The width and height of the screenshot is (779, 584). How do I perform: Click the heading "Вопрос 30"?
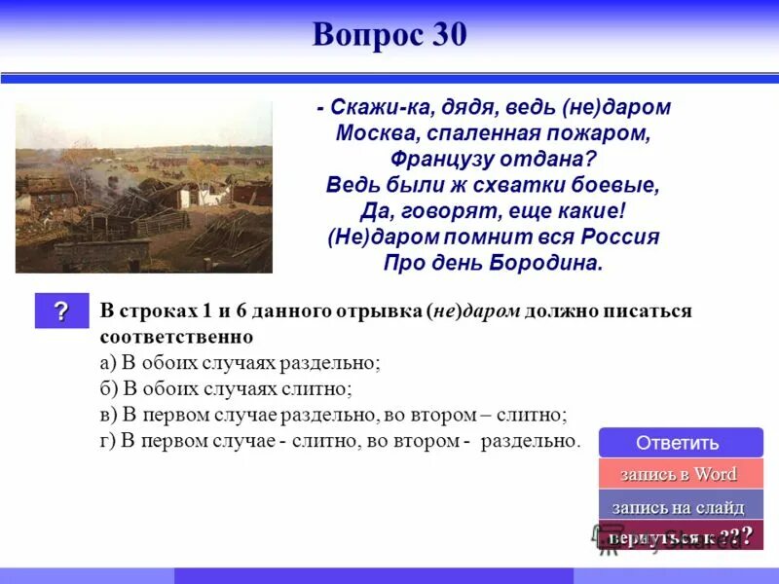(389, 34)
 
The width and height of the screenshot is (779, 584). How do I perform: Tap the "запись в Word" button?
(680, 475)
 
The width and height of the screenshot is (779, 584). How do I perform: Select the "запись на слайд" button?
(680, 507)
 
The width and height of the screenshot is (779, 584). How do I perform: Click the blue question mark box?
(61, 311)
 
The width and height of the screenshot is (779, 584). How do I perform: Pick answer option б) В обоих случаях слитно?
(226, 388)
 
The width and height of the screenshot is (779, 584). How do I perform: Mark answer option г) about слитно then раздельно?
(340, 441)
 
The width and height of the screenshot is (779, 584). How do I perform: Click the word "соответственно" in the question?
(176, 337)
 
